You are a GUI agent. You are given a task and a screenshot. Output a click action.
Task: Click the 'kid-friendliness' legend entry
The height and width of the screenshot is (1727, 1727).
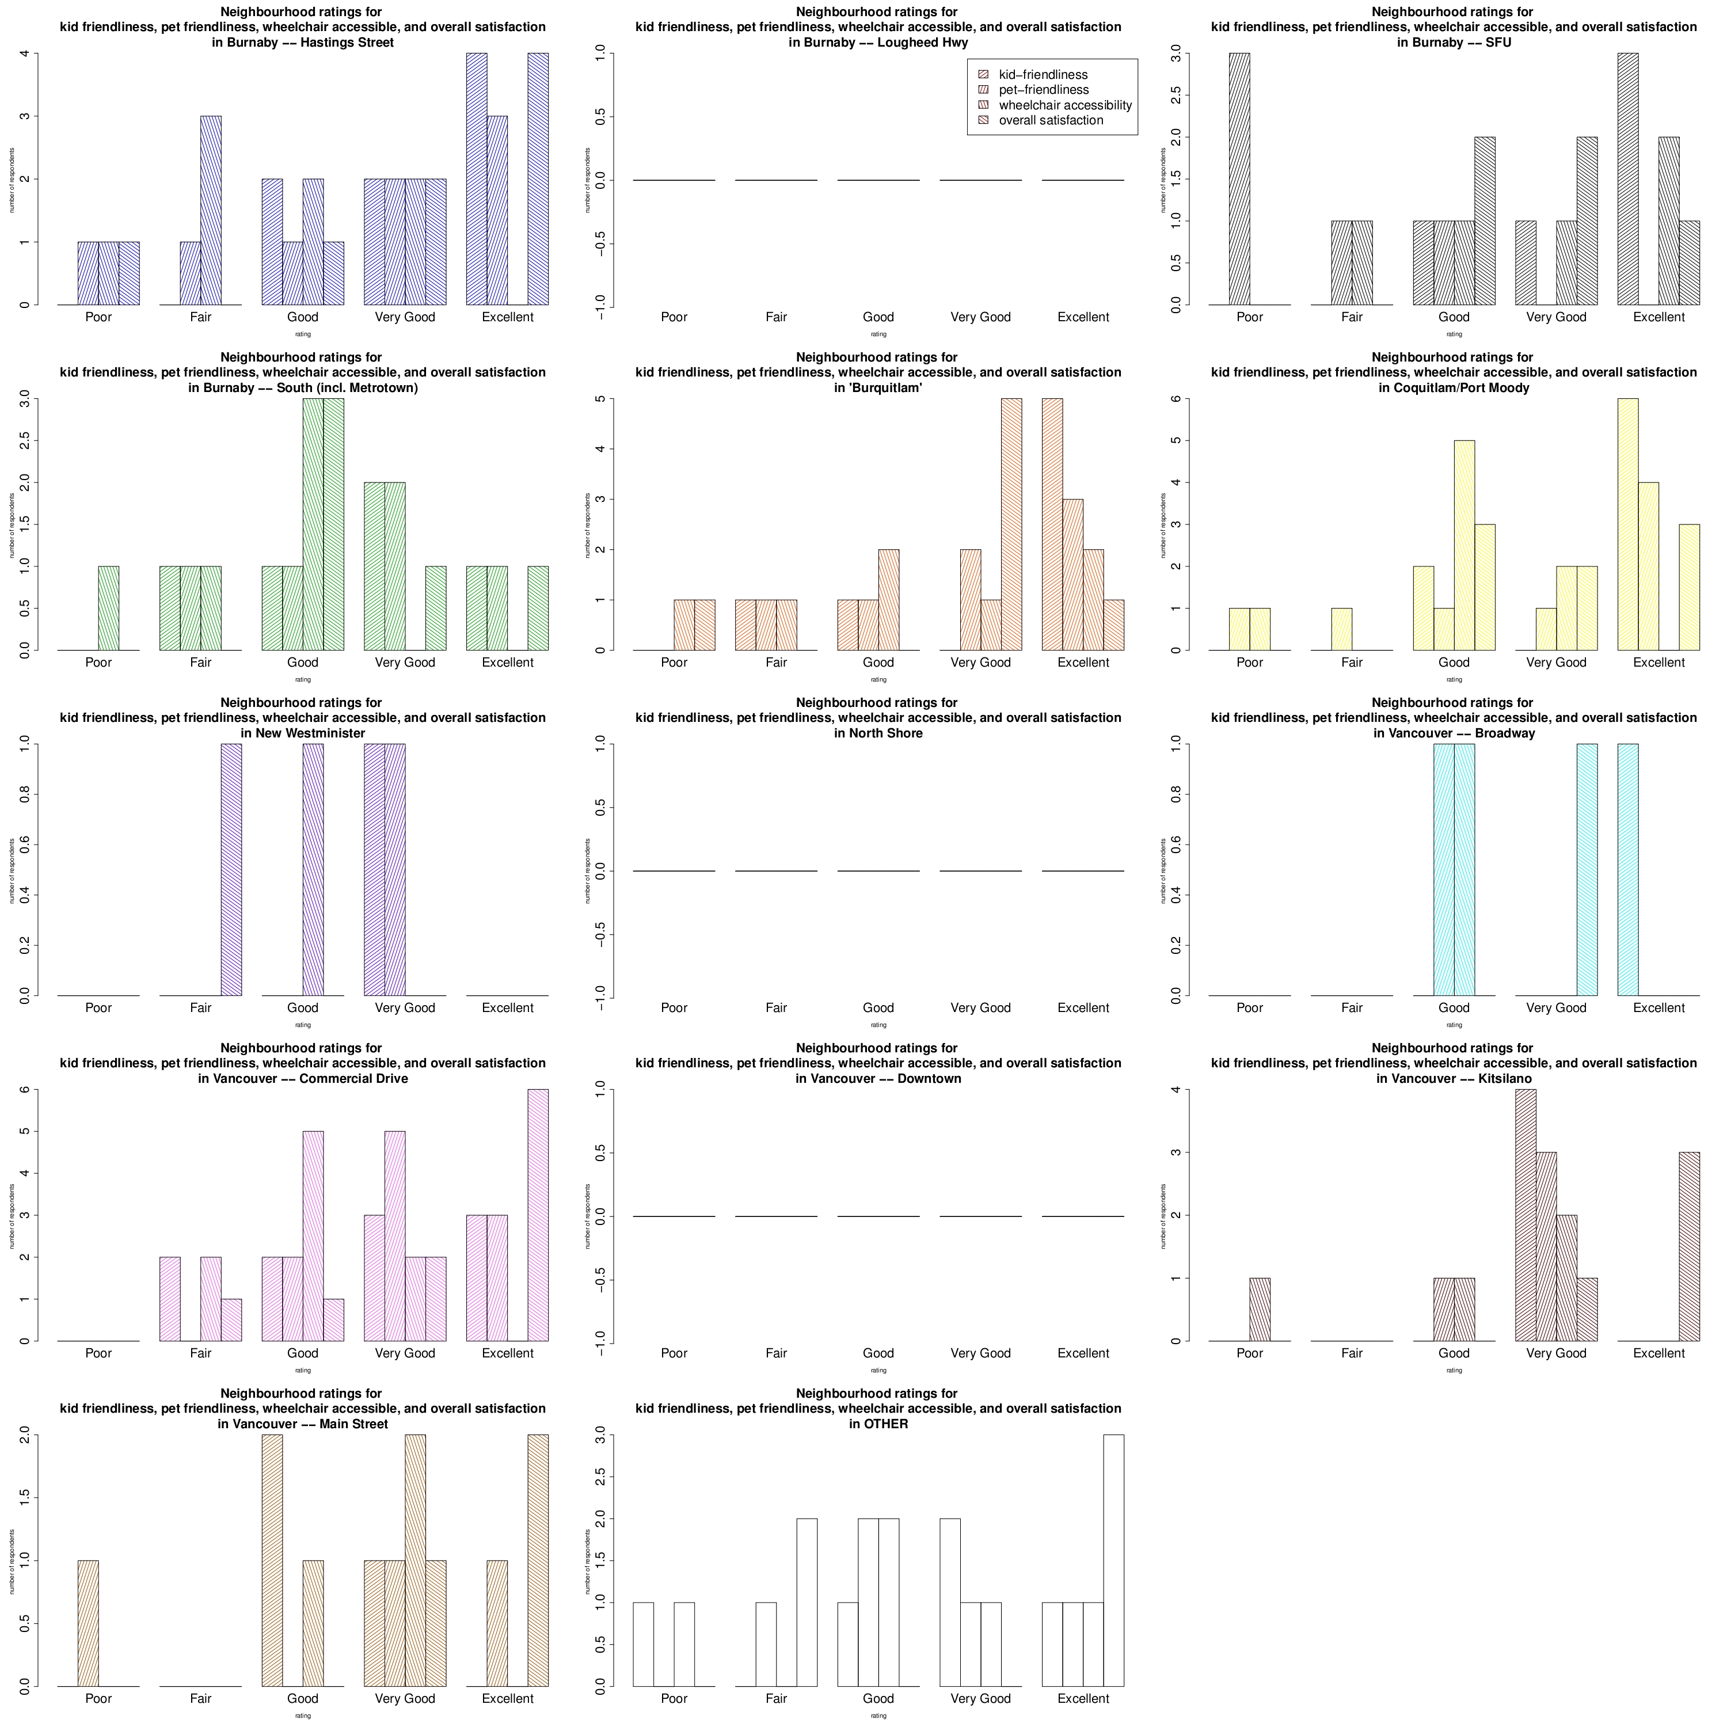tap(1043, 75)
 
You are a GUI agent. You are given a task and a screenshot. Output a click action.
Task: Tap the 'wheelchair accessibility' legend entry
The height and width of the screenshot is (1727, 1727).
tap(1064, 105)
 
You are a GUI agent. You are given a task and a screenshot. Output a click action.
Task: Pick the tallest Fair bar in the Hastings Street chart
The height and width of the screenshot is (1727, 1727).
tap(211, 210)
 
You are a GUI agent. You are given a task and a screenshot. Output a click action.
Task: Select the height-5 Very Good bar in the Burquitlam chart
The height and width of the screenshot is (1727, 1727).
tap(1011, 524)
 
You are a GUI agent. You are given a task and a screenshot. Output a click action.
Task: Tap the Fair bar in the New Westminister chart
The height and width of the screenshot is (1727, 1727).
tap(231, 869)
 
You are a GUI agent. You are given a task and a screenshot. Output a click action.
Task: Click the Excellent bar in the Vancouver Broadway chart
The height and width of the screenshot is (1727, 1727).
tap(1628, 869)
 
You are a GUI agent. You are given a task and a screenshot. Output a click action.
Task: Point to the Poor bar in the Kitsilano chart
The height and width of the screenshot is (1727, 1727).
tap(1260, 1310)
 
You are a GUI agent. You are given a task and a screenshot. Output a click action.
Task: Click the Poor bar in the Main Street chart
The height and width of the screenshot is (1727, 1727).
tap(89, 1623)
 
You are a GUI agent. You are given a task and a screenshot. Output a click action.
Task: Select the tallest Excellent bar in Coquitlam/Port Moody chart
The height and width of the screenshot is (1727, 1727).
tap(1628, 524)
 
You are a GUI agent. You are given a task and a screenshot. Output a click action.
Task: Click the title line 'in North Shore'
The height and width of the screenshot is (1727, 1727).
tap(878, 733)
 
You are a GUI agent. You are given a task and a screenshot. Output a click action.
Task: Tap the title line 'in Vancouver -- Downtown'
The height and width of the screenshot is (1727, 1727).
tap(878, 1079)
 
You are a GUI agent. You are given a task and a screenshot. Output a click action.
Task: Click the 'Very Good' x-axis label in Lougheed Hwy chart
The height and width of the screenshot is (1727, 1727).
tap(980, 317)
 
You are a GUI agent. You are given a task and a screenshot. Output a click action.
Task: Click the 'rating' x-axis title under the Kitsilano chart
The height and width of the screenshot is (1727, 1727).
tap(1454, 1370)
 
